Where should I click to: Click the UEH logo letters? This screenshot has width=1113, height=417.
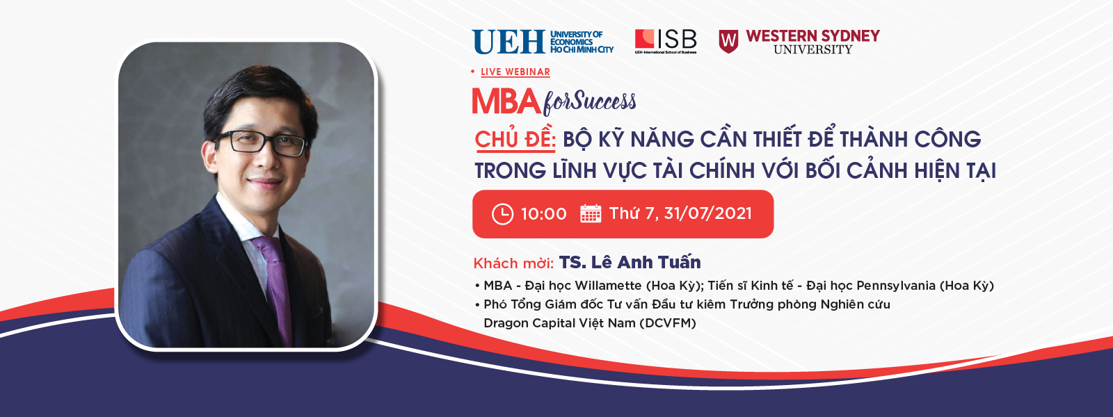coord(509,42)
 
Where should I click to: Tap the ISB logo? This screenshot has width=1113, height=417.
coord(666,41)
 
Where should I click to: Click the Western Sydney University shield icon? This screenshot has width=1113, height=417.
coord(728,41)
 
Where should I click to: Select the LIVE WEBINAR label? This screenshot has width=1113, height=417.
coord(515,72)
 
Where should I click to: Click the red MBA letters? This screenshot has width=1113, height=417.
coord(506,101)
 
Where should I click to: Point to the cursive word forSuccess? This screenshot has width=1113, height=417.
coord(589,101)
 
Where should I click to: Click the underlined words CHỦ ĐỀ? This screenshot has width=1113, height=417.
coord(515,139)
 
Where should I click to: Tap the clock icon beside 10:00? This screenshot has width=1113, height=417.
coord(502,214)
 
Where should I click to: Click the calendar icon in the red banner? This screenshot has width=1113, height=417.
coord(591,213)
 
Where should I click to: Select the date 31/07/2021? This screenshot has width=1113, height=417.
coord(707,213)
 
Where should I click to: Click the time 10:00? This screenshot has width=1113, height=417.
coord(543,214)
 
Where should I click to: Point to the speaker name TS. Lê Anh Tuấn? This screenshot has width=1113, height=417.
coord(630,261)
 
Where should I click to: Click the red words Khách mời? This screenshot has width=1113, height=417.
coord(513,263)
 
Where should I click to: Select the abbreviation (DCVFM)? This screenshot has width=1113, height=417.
coord(667,323)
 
